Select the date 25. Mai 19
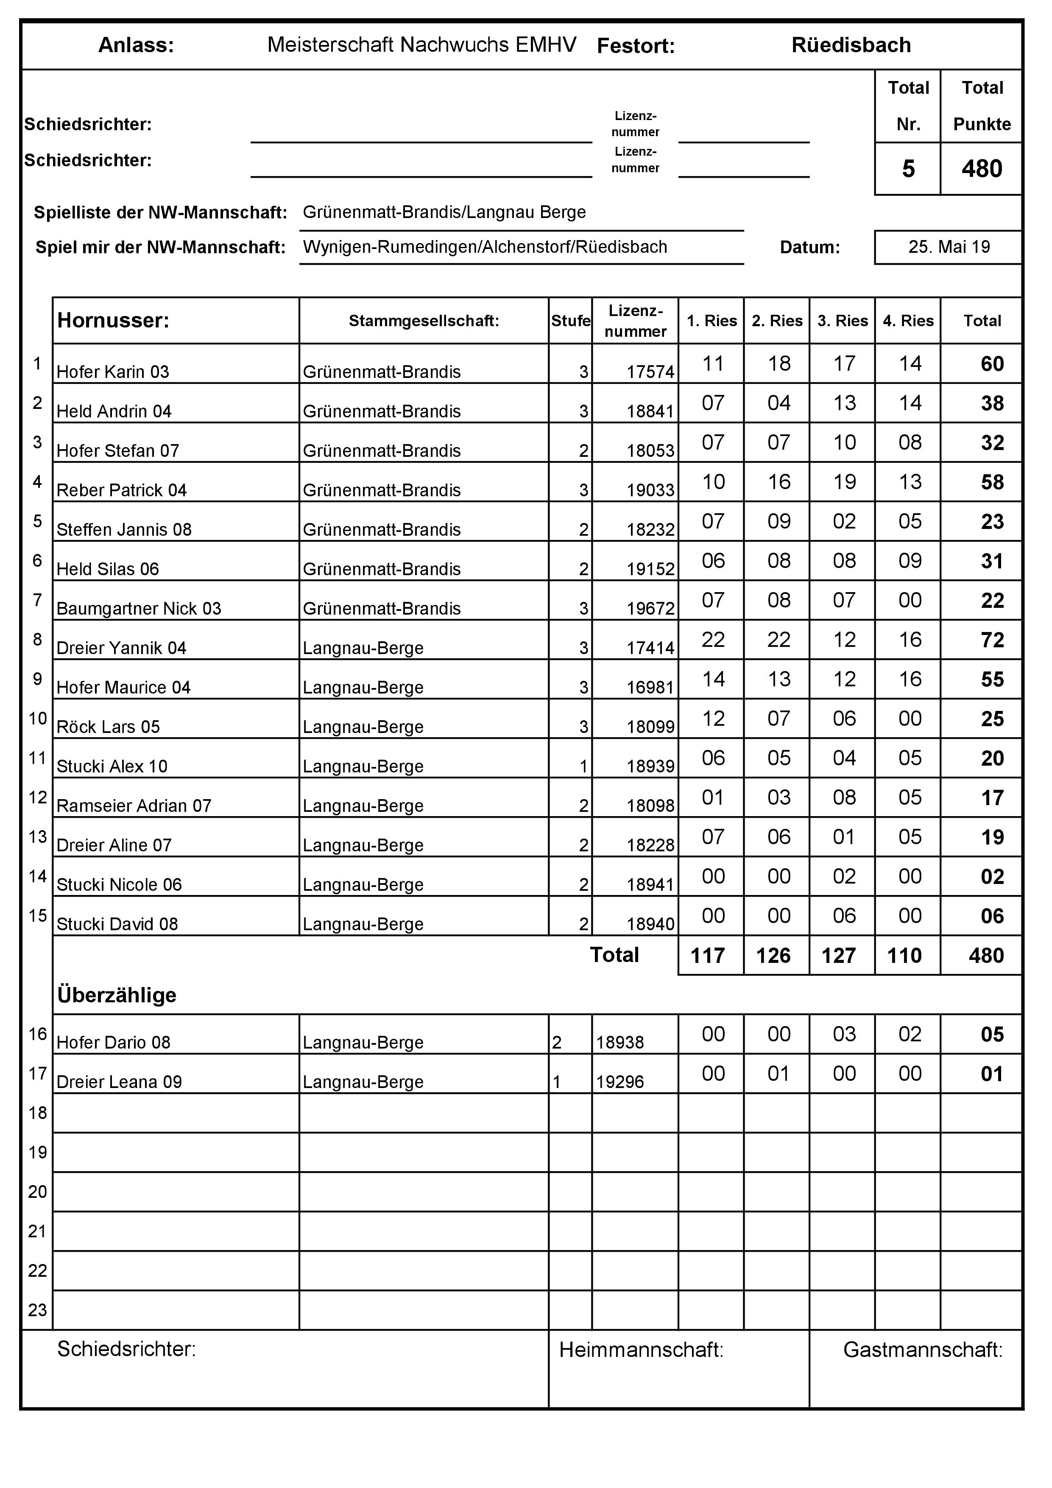point(949,247)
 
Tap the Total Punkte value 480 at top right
point(981,169)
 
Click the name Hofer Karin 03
point(113,372)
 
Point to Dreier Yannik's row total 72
point(992,641)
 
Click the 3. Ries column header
point(842,321)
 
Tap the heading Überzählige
point(117,995)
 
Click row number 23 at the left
point(38,1310)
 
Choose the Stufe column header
point(570,321)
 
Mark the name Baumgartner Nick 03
point(139,609)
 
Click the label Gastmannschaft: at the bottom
point(922,1350)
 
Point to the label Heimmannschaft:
point(641,1350)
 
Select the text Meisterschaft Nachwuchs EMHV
point(422,45)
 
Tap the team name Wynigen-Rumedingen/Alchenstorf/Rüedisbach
point(485,247)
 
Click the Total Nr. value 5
point(908,169)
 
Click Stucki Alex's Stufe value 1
point(583,766)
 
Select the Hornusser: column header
point(113,320)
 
